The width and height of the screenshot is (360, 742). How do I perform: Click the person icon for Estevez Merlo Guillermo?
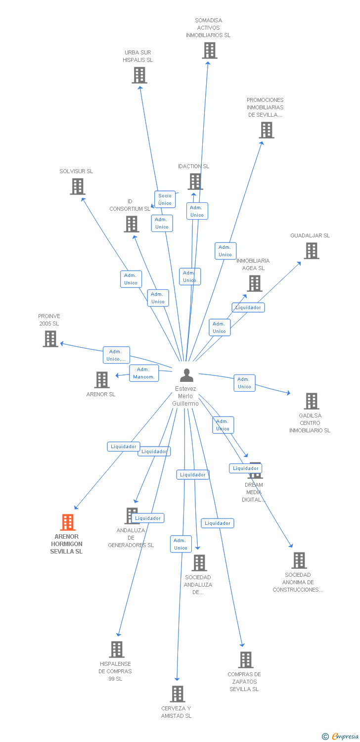(x=186, y=375)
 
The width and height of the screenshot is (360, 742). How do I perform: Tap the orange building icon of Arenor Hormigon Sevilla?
(x=68, y=522)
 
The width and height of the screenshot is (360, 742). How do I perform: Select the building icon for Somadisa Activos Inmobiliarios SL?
(x=210, y=50)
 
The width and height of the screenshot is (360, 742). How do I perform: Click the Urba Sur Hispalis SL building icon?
(x=139, y=75)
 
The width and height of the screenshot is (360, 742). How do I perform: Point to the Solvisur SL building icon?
(x=78, y=186)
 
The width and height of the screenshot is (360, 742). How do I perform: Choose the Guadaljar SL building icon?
(x=312, y=251)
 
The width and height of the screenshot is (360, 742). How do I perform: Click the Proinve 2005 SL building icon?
(x=50, y=339)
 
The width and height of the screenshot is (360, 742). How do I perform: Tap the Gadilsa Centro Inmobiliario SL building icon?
(x=312, y=401)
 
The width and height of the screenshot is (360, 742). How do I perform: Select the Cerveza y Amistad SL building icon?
(x=178, y=694)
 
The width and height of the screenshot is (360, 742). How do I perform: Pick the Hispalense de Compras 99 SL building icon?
(x=117, y=649)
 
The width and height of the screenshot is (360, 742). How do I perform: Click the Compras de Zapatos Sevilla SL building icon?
(x=246, y=660)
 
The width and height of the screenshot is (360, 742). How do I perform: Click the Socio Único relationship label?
(x=165, y=199)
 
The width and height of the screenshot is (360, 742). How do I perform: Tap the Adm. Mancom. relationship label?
(x=144, y=373)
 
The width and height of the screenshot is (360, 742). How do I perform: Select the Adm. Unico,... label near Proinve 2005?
(x=116, y=355)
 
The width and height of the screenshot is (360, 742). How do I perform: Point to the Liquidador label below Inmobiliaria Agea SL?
(x=248, y=307)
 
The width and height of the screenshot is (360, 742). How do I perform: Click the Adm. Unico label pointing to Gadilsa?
(x=244, y=383)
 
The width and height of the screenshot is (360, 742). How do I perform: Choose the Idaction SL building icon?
(x=195, y=182)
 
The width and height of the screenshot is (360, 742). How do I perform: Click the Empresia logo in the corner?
(x=341, y=737)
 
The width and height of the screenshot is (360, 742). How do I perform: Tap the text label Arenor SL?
(x=101, y=394)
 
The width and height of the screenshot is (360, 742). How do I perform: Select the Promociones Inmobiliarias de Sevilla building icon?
(x=267, y=130)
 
